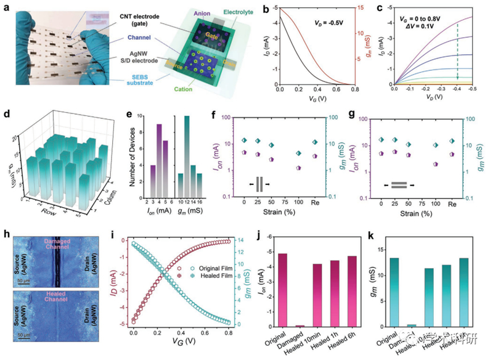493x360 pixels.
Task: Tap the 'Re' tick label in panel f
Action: click(x=316, y=202)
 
